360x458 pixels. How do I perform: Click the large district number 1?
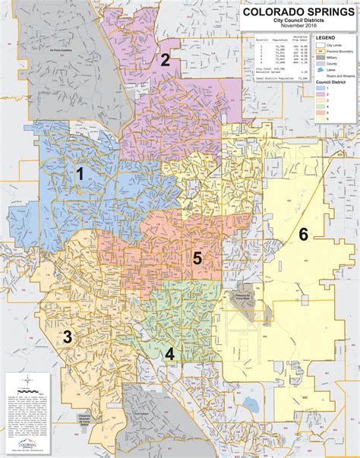point(79,174)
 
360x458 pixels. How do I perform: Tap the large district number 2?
point(165,60)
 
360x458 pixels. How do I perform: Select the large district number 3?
point(68,336)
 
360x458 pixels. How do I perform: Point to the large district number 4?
point(169,352)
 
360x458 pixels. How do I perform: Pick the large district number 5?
point(197,258)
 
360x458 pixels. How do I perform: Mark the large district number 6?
point(303,234)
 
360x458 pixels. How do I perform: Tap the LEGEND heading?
point(327,37)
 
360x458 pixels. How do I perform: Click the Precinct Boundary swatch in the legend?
point(321,49)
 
